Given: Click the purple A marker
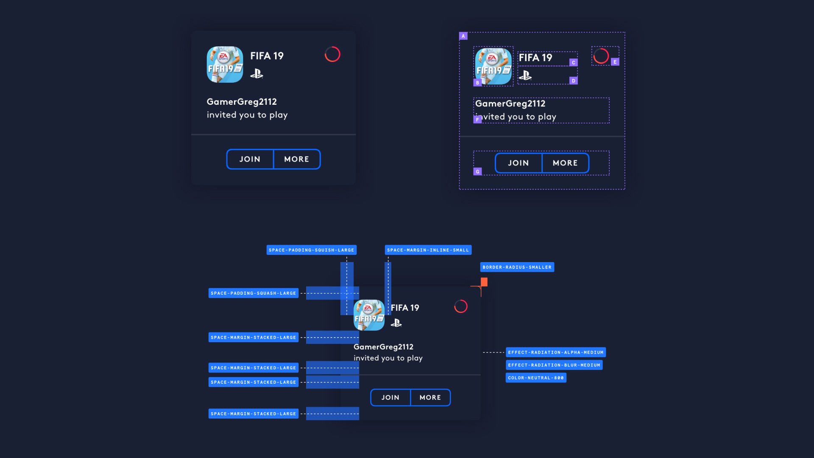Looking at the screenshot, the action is click(x=463, y=36).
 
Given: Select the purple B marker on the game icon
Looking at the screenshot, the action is click(x=477, y=83).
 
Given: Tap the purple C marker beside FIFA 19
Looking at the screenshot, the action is click(x=573, y=62).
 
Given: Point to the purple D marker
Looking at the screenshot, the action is click(x=573, y=81).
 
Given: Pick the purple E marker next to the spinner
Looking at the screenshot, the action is click(x=615, y=62).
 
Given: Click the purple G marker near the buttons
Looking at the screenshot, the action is click(x=477, y=172).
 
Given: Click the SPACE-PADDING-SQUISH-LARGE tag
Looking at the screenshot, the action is click(x=311, y=250).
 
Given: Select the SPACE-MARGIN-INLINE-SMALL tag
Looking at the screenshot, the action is click(x=428, y=250).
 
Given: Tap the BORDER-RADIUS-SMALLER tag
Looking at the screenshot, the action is click(x=517, y=267).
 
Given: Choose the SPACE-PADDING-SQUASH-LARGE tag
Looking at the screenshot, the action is click(x=253, y=293).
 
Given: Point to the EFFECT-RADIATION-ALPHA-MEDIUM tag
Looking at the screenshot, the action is click(x=555, y=352).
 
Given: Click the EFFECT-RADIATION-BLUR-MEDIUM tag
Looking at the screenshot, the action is click(x=554, y=365).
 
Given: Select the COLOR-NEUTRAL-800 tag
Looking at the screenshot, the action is click(x=536, y=378).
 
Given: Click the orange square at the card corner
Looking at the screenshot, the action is click(x=484, y=282).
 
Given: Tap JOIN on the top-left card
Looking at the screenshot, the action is click(x=250, y=159).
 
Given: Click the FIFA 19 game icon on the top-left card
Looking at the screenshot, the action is click(x=225, y=64).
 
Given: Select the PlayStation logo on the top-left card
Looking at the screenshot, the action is click(x=256, y=74).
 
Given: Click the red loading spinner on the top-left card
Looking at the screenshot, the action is click(x=332, y=54).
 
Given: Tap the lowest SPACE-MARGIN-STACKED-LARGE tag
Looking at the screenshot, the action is click(x=253, y=413).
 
